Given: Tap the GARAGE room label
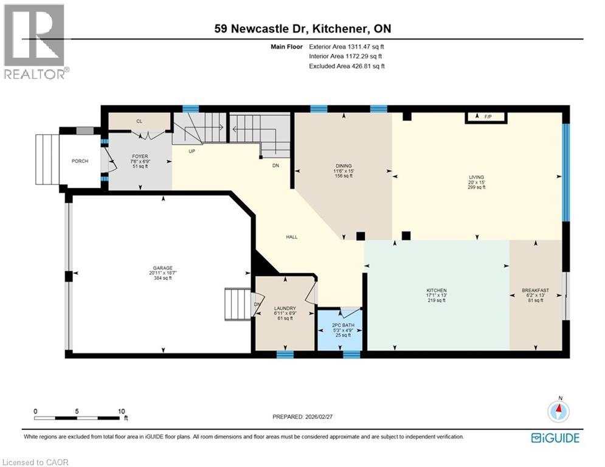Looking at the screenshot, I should (162, 268).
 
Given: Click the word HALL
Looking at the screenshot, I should (292, 237).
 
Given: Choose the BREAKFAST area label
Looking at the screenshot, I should (535, 290).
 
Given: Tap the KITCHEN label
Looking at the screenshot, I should (437, 290).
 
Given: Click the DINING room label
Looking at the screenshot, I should (344, 165).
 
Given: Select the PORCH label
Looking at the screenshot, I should (80, 161).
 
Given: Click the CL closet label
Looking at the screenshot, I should (139, 122).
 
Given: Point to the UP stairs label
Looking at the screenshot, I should (192, 151).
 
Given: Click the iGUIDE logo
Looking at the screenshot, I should (555, 438).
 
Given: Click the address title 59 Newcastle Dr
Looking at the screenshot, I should (302, 29).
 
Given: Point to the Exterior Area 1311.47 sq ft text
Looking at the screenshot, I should (347, 46).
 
